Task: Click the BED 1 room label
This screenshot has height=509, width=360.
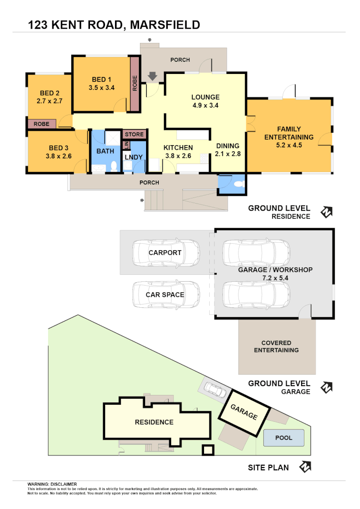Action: tap(101, 79)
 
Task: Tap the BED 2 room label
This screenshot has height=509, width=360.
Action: tap(49, 93)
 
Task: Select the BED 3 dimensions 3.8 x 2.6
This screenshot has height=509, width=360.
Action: tap(58, 156)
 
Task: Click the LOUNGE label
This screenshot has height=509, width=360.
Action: tap(205, 97)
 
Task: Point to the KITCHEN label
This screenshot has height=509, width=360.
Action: tap(178, 148)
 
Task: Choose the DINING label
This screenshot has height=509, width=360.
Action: tap(228, 146)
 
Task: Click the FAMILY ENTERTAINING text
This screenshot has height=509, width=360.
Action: tap(289, 133)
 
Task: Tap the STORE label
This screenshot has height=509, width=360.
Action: tap(134, 134)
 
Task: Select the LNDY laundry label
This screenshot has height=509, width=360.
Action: tap(133, 157)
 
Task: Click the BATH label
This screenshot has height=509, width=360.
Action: tap(105, 151)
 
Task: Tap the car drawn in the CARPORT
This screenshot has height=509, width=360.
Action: tap(165, 253)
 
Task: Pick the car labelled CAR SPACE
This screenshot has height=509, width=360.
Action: tap(165, 295)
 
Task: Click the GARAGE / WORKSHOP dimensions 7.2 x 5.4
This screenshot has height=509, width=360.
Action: tap(275, 278)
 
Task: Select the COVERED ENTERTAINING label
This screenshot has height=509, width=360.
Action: tap(276, 346)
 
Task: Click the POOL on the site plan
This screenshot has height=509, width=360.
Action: tap(284, 438)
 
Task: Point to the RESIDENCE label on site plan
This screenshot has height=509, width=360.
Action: tap(154, 422)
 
